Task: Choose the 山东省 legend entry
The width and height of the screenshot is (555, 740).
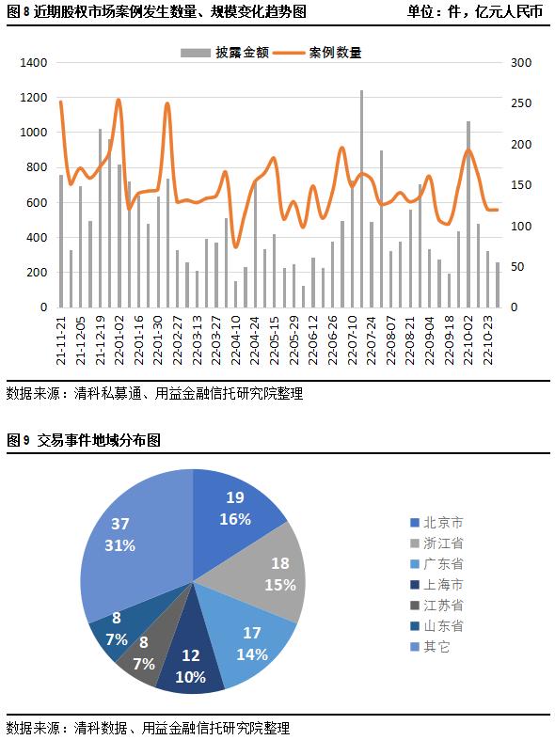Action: pos(442,626)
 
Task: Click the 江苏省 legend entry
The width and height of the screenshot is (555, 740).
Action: pos(442,606)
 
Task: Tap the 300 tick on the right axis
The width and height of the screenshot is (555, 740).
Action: pos(521,63)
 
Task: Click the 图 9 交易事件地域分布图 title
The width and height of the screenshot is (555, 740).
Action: pos(84,439)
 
